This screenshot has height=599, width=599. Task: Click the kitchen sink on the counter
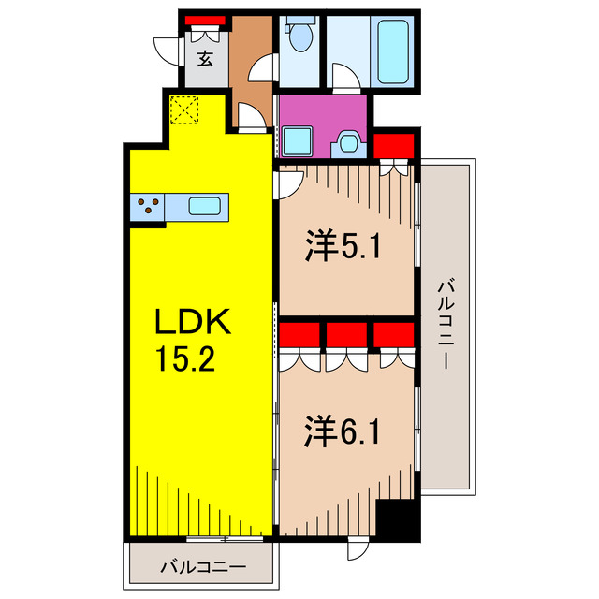pyautogui.click(x=207, y=206)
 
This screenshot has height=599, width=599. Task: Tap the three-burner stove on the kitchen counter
pyautogui.click(x=148, y=206)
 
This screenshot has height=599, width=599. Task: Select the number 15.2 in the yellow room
pyautogui.click(x=187, y=359)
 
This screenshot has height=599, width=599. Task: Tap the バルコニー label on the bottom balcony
pyautogui.click(x=201, y=566)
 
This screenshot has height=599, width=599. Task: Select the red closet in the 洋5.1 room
pyautogui.click(x=393, y=146)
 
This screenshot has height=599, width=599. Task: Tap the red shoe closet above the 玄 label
pyautogui.click(x=205, y=20)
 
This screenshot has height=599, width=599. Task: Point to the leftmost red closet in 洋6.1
pyautogui.click(x=299, y=335)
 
